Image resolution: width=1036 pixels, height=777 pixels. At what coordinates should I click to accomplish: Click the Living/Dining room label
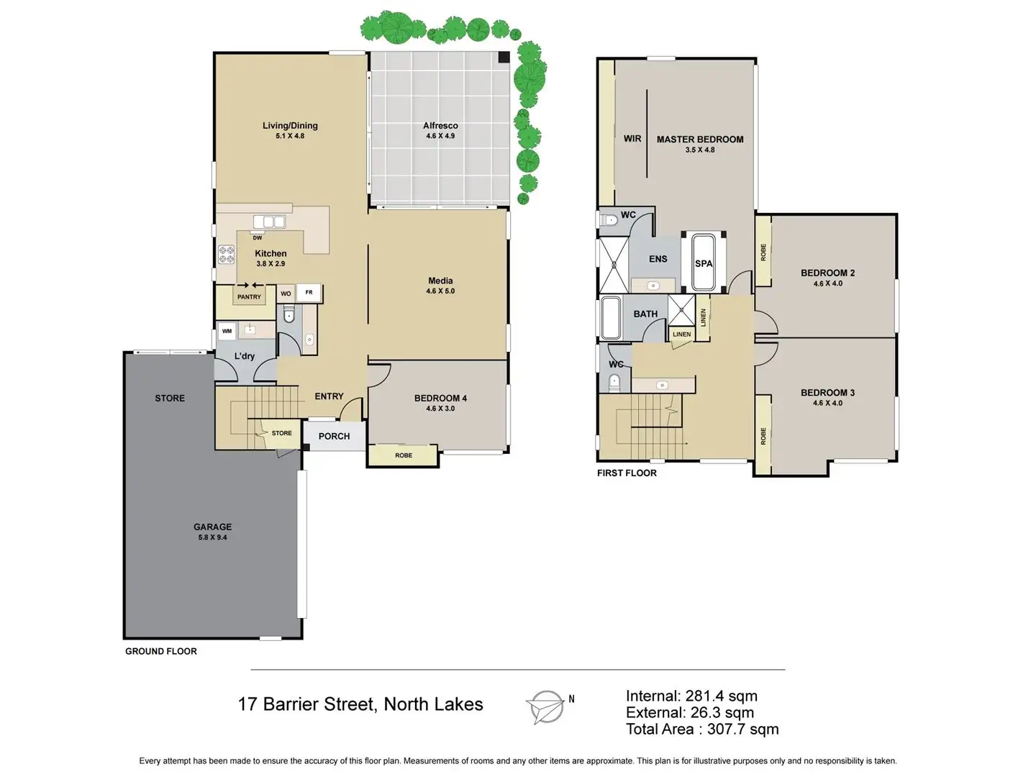tap(290, 126)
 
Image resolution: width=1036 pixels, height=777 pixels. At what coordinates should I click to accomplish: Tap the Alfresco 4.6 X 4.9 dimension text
tap(440, 136)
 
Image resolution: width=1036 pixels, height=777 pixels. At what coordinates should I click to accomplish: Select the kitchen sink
tap(269, 222)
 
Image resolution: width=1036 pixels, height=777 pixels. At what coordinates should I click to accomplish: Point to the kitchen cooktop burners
tap(227, 255)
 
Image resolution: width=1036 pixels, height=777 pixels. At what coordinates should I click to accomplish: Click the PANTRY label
tap(249, 296)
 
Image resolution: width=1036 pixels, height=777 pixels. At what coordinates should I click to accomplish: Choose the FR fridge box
tap(309, 293)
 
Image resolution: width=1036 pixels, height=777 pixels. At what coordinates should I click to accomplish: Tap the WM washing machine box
tap(227, 331)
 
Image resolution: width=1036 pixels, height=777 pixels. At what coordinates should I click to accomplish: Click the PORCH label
tap(334, 436)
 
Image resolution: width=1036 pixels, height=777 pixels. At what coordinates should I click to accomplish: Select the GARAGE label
tap(212, 527)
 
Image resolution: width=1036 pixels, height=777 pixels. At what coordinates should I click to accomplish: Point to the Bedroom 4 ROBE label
tap(403, 455)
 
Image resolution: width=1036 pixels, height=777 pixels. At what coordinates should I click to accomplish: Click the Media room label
tap(440, 281)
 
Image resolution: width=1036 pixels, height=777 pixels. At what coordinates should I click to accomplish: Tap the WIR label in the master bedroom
tap(632, 139)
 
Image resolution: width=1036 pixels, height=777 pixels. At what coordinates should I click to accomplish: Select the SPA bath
tap(704, 263)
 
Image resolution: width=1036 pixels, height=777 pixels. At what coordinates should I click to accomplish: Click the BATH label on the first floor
tap(645, 314)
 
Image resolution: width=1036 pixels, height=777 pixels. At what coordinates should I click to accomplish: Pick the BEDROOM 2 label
tap(827, 273)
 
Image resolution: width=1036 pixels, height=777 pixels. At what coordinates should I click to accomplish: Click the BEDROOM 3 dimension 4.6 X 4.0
tap(827, 403)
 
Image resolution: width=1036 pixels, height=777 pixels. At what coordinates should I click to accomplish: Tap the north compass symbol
tap(546, 706)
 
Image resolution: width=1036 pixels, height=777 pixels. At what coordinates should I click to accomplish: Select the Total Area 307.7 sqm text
tap(702, 730)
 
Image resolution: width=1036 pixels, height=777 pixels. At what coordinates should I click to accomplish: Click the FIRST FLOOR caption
tap(627, 473)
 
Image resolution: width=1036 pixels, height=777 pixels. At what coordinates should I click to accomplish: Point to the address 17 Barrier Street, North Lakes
tap(360, 704)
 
